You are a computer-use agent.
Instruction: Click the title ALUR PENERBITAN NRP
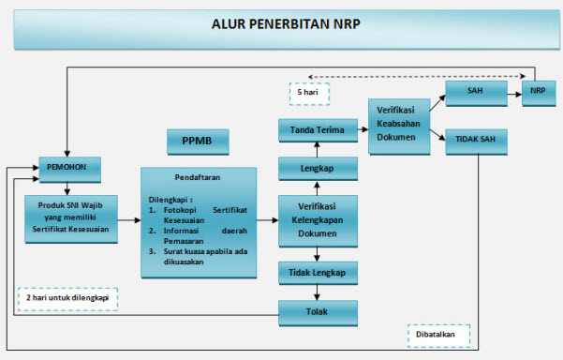[282, 24]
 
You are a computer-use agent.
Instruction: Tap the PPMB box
[198, 142]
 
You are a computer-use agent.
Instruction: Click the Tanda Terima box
[318, 130]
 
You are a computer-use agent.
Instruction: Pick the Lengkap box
[318, 169]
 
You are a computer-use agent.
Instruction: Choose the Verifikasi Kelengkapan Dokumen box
[318, 221]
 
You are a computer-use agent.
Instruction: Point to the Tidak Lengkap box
[318, 273]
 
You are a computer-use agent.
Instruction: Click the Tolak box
[318, 311]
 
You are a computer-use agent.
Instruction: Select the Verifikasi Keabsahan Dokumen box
[397, 122]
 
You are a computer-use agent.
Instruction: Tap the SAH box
[475, 93]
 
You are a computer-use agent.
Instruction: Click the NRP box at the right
[539, 93]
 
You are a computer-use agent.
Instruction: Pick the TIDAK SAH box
[475, 140]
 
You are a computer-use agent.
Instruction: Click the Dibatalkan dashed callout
[437, 335]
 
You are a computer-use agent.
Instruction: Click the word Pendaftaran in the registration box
[198, 177]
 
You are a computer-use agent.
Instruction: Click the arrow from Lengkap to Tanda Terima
[318, 149]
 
